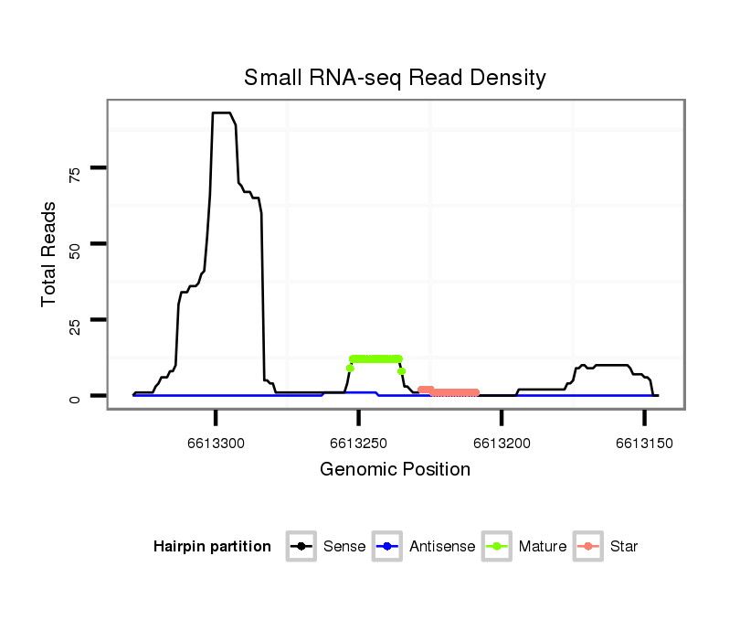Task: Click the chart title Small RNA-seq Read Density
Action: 395,78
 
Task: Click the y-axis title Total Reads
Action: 49,253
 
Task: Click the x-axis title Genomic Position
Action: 395,470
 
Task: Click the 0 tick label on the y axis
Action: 76,397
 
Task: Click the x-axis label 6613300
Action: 216,444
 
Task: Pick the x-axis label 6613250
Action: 359,444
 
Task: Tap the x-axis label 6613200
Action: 502,444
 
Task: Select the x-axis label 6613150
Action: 644,444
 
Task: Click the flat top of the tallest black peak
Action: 221,113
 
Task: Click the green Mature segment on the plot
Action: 375,358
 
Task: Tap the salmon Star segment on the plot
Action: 452,392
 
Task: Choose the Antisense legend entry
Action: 424,547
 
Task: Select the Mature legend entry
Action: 523,547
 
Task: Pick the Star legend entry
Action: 607,547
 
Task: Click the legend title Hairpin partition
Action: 212,547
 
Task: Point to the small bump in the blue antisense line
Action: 361,392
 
